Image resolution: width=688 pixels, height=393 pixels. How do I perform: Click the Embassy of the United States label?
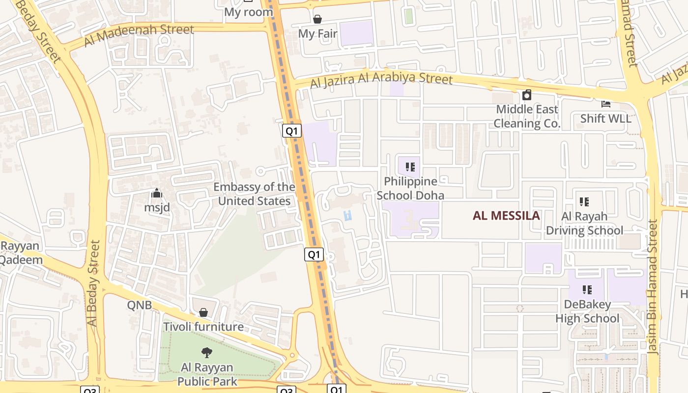[254, 194]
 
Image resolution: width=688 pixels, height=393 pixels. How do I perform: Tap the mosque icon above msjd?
[157, 193]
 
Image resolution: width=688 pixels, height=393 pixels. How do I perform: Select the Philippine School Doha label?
[410, 188]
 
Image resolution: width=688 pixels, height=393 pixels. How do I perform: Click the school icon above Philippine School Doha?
[410, 167]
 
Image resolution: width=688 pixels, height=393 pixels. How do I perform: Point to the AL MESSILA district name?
[506, 216]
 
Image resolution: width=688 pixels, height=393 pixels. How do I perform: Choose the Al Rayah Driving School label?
[584, 224]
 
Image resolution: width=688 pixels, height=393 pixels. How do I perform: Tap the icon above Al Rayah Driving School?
[584, 201]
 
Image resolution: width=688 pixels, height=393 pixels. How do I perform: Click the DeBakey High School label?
[587, 311]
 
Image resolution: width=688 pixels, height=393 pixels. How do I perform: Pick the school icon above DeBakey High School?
[587, 290]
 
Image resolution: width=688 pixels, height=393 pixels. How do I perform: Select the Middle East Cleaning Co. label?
[527, 116]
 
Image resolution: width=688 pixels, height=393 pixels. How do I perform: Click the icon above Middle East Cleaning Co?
[527, 95]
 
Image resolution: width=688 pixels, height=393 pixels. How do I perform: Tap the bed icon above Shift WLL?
[606, 104]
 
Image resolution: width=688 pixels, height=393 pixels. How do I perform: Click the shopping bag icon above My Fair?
[317, 19]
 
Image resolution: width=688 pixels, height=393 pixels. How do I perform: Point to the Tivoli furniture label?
[203, 327]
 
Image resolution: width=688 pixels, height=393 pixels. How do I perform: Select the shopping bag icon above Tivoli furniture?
[203, 312]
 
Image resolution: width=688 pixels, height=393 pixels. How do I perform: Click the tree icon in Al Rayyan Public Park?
[207, 352]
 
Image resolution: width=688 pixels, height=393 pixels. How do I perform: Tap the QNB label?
[140, 305]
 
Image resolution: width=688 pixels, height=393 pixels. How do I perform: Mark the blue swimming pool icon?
[348, 215]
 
